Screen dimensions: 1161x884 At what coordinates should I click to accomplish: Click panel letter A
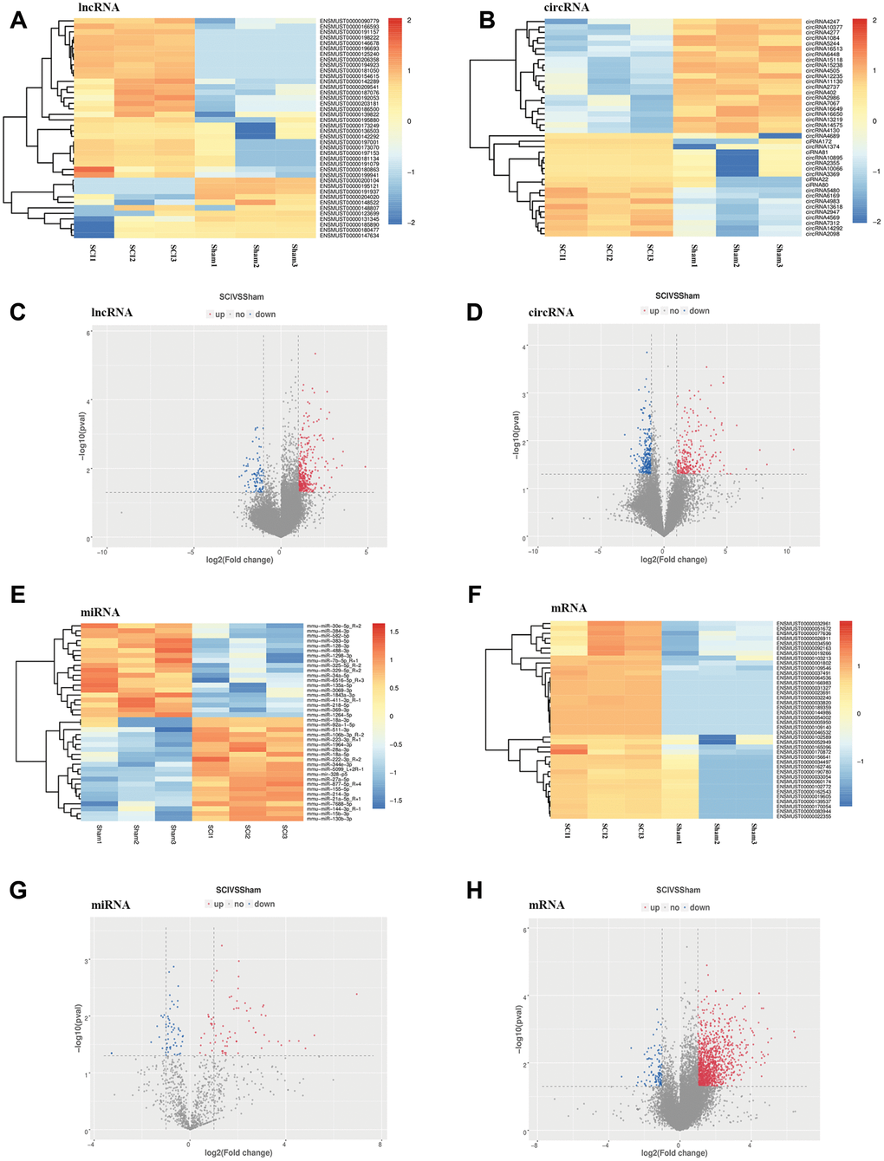coord(18,19)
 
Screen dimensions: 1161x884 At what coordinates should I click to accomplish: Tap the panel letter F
coord(474,594)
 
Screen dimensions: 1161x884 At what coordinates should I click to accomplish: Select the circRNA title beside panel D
coord(551,312)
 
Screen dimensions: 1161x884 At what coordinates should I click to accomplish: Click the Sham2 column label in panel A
coord(257,256)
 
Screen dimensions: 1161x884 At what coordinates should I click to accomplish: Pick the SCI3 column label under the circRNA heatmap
coord(651,252)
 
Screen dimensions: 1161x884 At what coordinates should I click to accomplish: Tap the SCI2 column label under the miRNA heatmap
coord(247,832)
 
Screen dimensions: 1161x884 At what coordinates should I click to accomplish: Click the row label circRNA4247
coord(822,22)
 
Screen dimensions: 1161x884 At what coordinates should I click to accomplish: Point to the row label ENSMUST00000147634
coord(349,236)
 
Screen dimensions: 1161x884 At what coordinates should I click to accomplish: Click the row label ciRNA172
coord(818,142)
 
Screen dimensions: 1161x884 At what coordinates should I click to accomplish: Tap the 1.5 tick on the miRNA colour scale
coord(394,632)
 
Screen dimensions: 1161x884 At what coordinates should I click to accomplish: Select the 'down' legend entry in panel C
coord(265,315)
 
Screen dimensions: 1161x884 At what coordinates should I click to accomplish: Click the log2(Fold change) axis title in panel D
coord(673,560)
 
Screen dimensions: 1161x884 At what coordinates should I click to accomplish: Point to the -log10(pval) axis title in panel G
coord(80,1028)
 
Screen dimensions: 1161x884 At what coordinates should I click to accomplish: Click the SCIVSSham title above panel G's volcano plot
coord(238,890)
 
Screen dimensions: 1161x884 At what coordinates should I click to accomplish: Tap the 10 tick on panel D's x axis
coord(787,551)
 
